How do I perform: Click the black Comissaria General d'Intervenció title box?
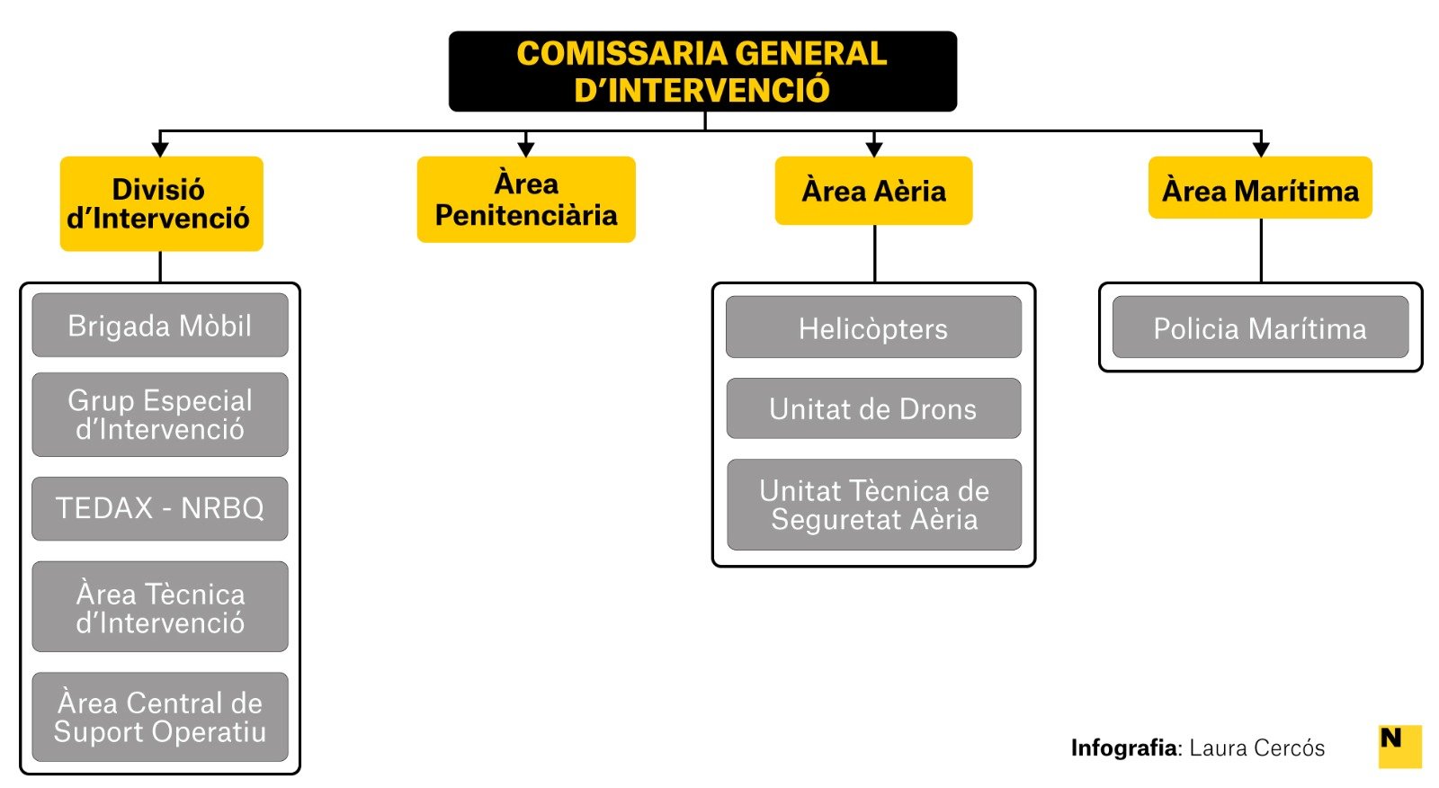702,71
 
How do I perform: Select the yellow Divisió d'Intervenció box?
161,203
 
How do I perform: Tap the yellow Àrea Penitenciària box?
526,199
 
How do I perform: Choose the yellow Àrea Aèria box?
873,191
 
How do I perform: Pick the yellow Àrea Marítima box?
1260,188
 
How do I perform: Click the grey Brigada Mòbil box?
160,325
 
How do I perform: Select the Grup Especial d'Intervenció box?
160,415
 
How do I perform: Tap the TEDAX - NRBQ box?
160,508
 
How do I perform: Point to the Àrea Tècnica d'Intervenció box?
160,607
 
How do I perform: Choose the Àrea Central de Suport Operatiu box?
160,717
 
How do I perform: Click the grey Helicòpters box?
873,327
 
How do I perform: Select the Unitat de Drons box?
873,408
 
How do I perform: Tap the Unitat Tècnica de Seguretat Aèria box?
873,505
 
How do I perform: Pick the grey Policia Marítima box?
1260,327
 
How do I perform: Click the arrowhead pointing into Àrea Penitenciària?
526,148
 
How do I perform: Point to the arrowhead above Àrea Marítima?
1261,148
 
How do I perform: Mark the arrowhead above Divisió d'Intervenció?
160,148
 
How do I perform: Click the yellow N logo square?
1399,746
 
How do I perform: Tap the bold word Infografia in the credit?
1123,748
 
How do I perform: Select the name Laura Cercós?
1256,748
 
